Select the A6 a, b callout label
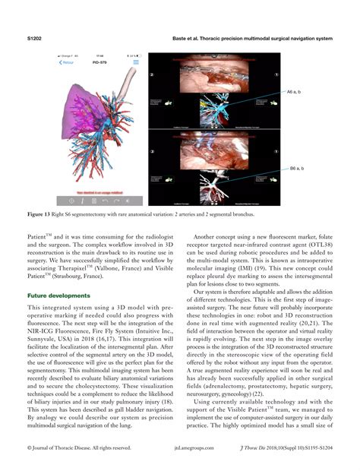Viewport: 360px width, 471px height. click(x=295, y=92)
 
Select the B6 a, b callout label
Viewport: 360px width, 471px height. click(x=296, y=168)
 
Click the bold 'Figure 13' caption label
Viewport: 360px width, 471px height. click(x=43, y=214)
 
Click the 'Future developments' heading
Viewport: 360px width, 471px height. click(x=61, y=294)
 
